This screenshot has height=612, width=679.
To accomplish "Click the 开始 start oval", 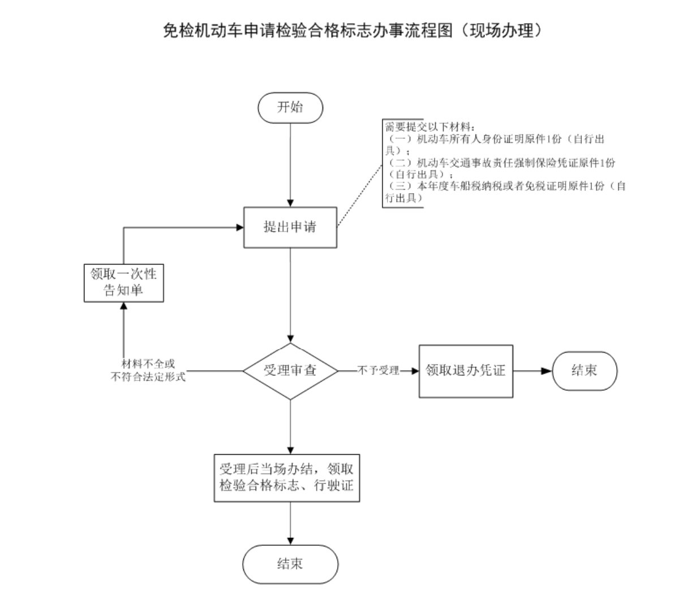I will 290,108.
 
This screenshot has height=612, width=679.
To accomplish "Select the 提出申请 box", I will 290,227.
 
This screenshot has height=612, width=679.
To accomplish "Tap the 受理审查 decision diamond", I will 290,371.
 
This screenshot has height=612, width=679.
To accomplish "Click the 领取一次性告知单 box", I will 124,283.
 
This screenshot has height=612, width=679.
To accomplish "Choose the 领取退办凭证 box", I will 466,371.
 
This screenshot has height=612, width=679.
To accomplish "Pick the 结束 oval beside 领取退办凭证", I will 585,371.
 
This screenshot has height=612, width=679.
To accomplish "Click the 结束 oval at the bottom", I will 290,564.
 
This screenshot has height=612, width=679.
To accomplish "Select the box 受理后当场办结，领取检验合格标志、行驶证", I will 287,477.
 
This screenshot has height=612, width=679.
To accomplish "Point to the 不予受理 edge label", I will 378,371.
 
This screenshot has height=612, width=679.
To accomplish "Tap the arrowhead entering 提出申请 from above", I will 290,203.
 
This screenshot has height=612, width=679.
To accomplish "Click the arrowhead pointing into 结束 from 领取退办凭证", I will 547,371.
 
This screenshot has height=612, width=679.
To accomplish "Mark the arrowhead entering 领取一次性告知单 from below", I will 123,307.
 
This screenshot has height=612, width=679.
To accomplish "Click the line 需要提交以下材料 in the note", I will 430,126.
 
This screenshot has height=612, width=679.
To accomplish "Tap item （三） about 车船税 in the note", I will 504,187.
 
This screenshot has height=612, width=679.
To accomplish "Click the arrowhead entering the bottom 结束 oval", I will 290,541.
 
